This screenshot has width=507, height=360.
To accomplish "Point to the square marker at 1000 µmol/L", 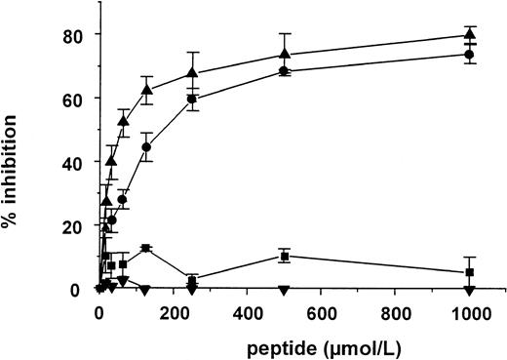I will (470, 272).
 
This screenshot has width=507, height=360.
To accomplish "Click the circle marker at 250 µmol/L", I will (192, 99).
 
